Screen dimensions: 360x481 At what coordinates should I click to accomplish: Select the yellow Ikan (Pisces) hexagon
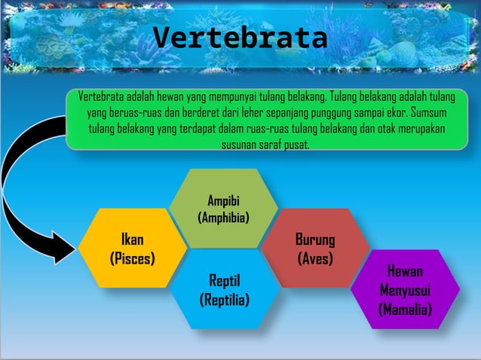pyautogui.click(x=133, y=249)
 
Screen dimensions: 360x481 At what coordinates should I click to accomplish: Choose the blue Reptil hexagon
pyautogui.click(x=224, y=291)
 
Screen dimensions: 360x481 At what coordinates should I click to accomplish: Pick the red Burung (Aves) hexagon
pyautogui.click(x=315, y=249)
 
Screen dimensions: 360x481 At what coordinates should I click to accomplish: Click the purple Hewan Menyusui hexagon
pyautogui.click(x=405, y=290)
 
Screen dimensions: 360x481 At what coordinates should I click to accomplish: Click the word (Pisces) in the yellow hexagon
pyautogui.click(x=133, y=258)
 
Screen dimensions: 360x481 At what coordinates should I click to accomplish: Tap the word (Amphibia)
pyautogui.click(x=223, y=218)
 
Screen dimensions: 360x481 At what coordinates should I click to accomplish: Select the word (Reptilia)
pyautogui.click(x=224, y=300)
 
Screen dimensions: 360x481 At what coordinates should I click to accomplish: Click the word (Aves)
pyautogui.click(x=315, y=258)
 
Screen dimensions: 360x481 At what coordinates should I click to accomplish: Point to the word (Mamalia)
pyautogui.click(x=405, y=309)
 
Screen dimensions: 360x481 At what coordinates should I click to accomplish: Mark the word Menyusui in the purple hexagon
pyautogui.click(x=405, y=290)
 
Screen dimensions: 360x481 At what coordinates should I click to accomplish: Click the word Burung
pyautogui.click(x=315, y=240)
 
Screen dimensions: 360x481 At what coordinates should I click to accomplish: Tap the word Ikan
pyautogui.click(x=133, y=240)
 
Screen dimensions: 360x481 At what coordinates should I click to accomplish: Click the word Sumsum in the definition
pyautogui.click(x=428, y=113)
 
